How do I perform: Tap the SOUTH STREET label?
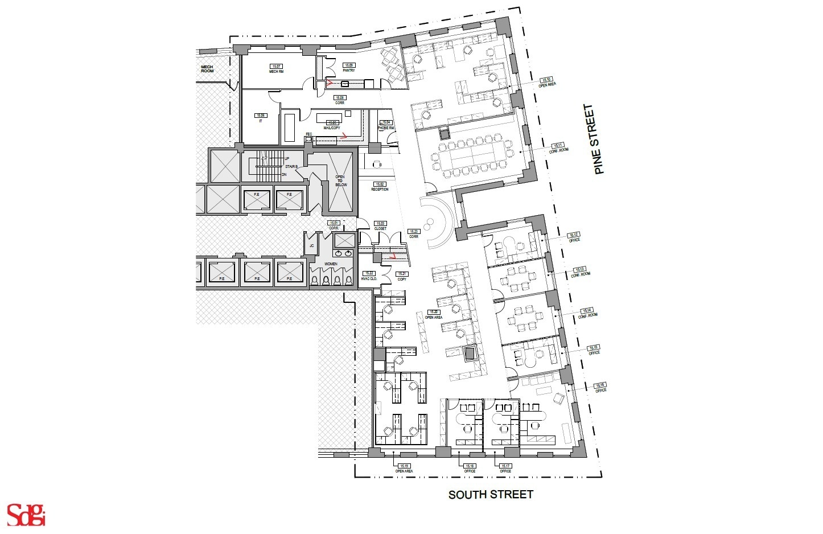pyautogui.click(x=491, y=494)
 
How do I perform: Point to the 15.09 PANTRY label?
pyautogui.click(x=348, y=67)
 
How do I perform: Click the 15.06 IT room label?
pyautogui.click(x=261, y=117)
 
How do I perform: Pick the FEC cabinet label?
pyautogui.click(x=309, y=134)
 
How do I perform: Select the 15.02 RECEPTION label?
pyautogui.click(x=380, y=186)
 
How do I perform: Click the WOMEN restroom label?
pyautogui.click(x=331, y=264)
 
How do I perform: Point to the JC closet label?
pyautogui.click(x=311, y=245)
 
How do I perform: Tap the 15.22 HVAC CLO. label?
pyautogui.click(x=369, y=276)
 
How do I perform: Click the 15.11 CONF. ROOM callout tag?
pyautogui.click(x=559, y=147)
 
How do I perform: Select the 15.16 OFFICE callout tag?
pyautogui.click(x=600, y=387)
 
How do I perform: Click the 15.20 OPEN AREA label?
pyautogui.click(x=434, y=314)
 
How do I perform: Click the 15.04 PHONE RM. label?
pyautogui.click(x=386, y=125)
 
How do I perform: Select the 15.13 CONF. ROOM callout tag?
pyautogui.click(x=581, y=271)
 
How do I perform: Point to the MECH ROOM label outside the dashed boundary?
pyautogui.click(x=207, y=68)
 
